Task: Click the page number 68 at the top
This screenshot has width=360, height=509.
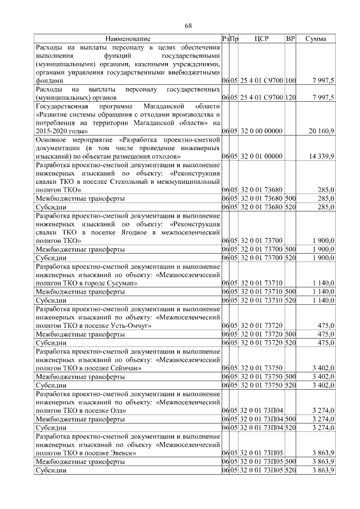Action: [x=189, y=25]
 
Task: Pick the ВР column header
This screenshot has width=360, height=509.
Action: [x=290, y=39]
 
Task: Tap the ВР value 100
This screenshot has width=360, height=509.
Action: [x=290, y=81]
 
